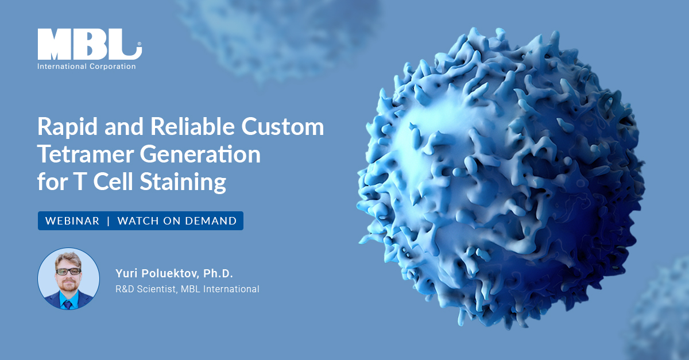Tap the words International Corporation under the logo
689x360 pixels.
86,67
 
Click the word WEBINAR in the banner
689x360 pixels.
72,221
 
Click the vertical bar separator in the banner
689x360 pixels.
108,221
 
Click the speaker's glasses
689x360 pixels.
68,271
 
